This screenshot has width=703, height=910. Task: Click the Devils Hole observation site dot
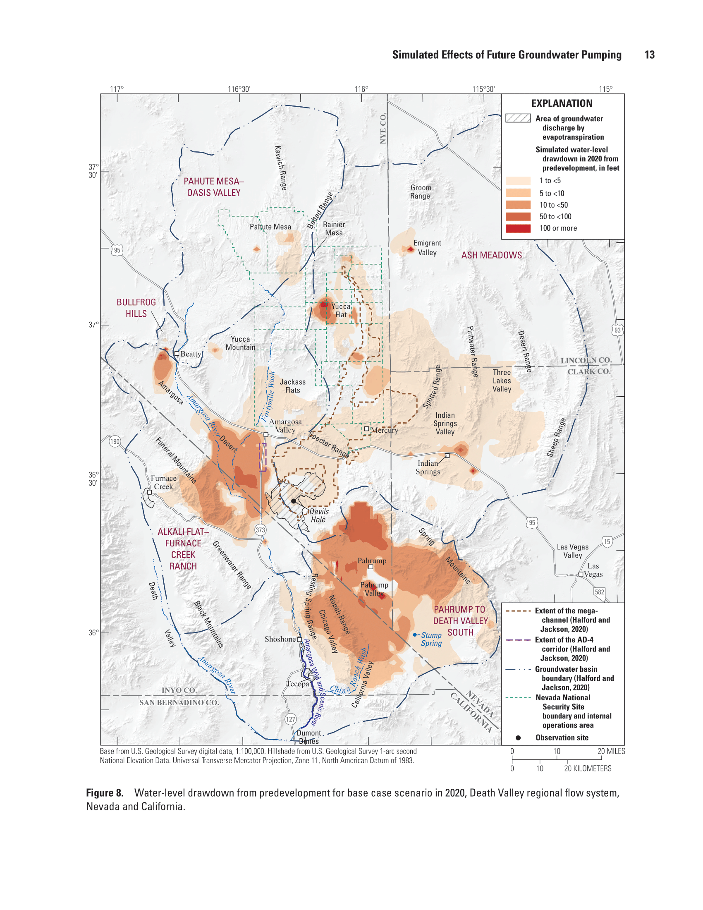coord(294,501)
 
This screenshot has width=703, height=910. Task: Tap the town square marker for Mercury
coord(366,429)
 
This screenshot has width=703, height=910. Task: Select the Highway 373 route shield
coord(260,529)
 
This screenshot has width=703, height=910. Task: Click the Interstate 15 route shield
coord(607,542)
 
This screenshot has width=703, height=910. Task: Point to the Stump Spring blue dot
coord(415,635)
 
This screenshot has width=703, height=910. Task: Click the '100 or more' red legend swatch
coord(518,228)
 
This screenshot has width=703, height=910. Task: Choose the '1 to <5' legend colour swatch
coord(518,180)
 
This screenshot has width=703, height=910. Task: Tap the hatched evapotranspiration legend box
coord(518,118)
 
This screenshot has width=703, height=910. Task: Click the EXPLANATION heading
coord(562,103)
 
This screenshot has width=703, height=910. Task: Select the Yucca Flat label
coord(341,310)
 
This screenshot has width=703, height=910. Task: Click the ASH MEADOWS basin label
coord(491,255)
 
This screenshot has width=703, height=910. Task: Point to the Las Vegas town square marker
coord(581,574)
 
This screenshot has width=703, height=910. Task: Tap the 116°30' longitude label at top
coord(239,89)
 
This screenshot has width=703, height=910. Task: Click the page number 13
coord(649,55)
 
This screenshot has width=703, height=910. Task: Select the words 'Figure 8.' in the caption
coord(105,793)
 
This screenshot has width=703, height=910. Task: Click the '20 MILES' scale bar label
coord(611,751)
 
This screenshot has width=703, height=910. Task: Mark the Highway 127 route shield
coord(290,719)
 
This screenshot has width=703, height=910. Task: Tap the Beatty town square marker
coord(177,353)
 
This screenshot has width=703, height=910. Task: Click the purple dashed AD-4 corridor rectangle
coord(262,457)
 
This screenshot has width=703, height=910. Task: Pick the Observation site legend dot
coord(518,738)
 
